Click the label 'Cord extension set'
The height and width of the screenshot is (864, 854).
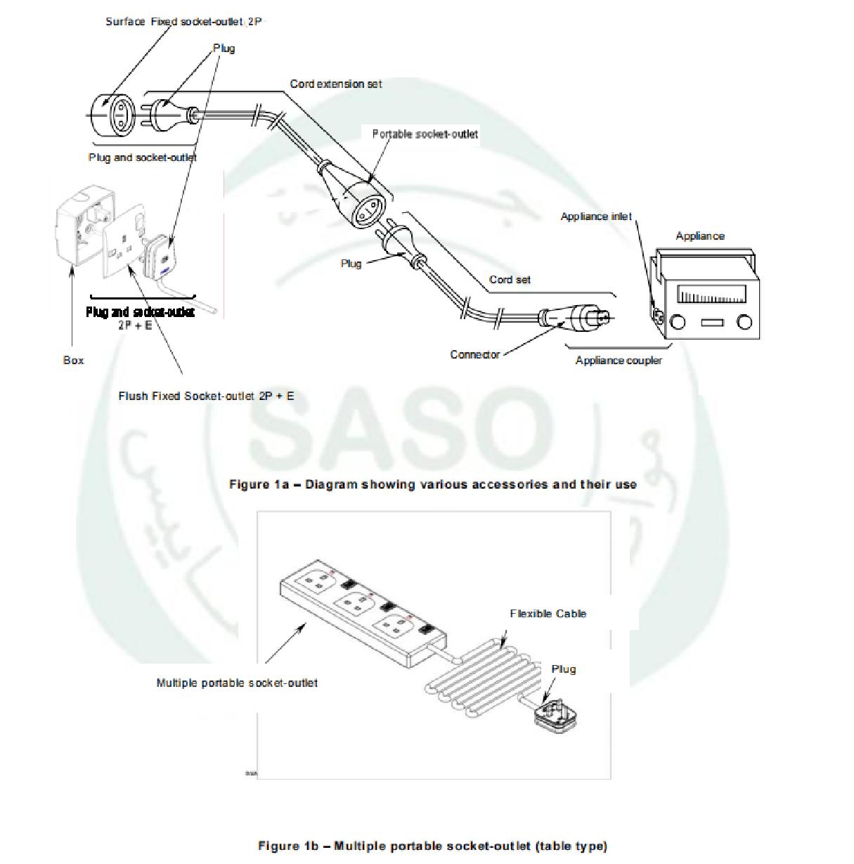click(336, 84)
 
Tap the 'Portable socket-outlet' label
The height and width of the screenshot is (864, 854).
click(425, 134)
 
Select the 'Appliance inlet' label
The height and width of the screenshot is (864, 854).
click(596, 217)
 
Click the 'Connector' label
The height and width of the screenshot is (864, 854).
click(475, 354)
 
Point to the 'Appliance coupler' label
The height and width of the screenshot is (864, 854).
click(619, 361)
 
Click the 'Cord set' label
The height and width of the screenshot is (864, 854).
click(510, 280)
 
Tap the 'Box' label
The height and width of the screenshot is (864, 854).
click(73, 361)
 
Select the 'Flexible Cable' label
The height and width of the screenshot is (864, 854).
click(548, 614)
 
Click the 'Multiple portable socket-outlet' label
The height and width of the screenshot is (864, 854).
click(237, 683)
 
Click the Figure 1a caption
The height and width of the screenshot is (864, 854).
click(433, 484)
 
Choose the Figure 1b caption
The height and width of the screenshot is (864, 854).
click(432, 846)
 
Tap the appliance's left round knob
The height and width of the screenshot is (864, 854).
click(678, 323)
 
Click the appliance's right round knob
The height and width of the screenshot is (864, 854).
click(744, 323)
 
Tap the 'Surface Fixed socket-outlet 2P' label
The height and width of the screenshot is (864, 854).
click(183, 22)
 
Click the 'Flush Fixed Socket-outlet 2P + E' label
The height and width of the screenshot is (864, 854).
click(206, 396)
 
